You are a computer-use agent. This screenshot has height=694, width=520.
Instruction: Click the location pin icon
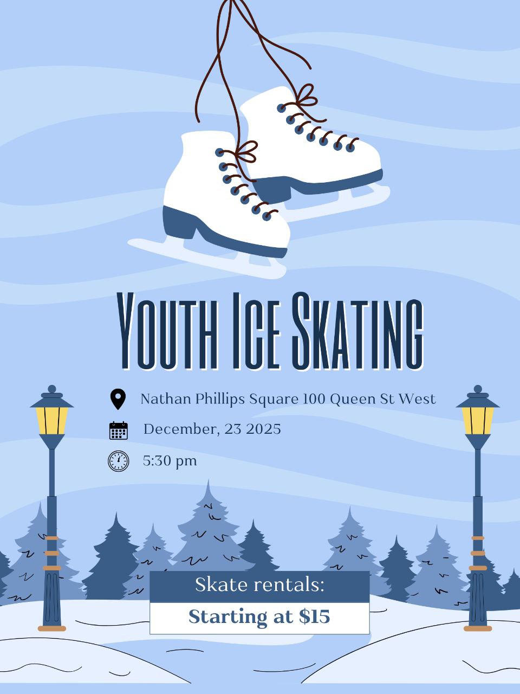click(x=118, y=399)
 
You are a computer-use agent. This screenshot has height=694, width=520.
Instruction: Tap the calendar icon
click(x=118, y=430)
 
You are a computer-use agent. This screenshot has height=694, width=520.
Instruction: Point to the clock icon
click(x=118, y=461)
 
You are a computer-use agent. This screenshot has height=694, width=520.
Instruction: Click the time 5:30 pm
click(x=170, y=461)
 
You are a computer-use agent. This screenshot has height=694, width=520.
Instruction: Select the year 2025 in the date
click(x=263, y=429)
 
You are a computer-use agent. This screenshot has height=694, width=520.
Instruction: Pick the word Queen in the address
click(x=351, y=399)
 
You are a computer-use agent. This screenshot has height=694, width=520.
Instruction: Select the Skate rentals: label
click(x=259, y=585)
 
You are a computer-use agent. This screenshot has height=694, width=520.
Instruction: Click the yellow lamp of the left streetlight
click(x=52, y=421)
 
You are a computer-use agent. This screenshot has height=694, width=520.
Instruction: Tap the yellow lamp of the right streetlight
click(x=478, y=421)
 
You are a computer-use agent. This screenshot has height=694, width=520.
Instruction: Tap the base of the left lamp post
click(x=52, y=628)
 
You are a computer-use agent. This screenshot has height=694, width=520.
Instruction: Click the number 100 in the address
click(x=314, y=399)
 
